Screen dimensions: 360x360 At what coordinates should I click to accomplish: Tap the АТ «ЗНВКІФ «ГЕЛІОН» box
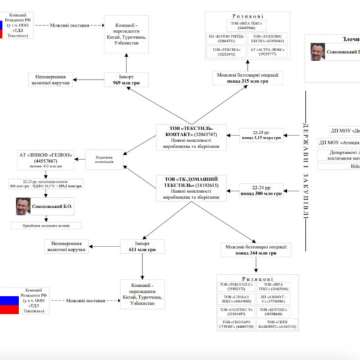(x=46, y=161)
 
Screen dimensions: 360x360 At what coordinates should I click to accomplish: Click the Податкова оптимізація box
(x=103, y=159)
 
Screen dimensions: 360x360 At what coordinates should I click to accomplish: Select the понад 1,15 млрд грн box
(x=260, y=136)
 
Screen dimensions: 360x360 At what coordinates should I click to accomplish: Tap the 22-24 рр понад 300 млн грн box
(x=260, y=190)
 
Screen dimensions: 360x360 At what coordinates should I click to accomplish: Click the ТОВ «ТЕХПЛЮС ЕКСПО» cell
(x=267, y=39)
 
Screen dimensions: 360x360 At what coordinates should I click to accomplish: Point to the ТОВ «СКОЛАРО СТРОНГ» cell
(x=236, y=325)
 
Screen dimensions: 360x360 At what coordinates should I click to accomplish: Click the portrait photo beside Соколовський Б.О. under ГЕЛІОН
(x=23, y=206)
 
